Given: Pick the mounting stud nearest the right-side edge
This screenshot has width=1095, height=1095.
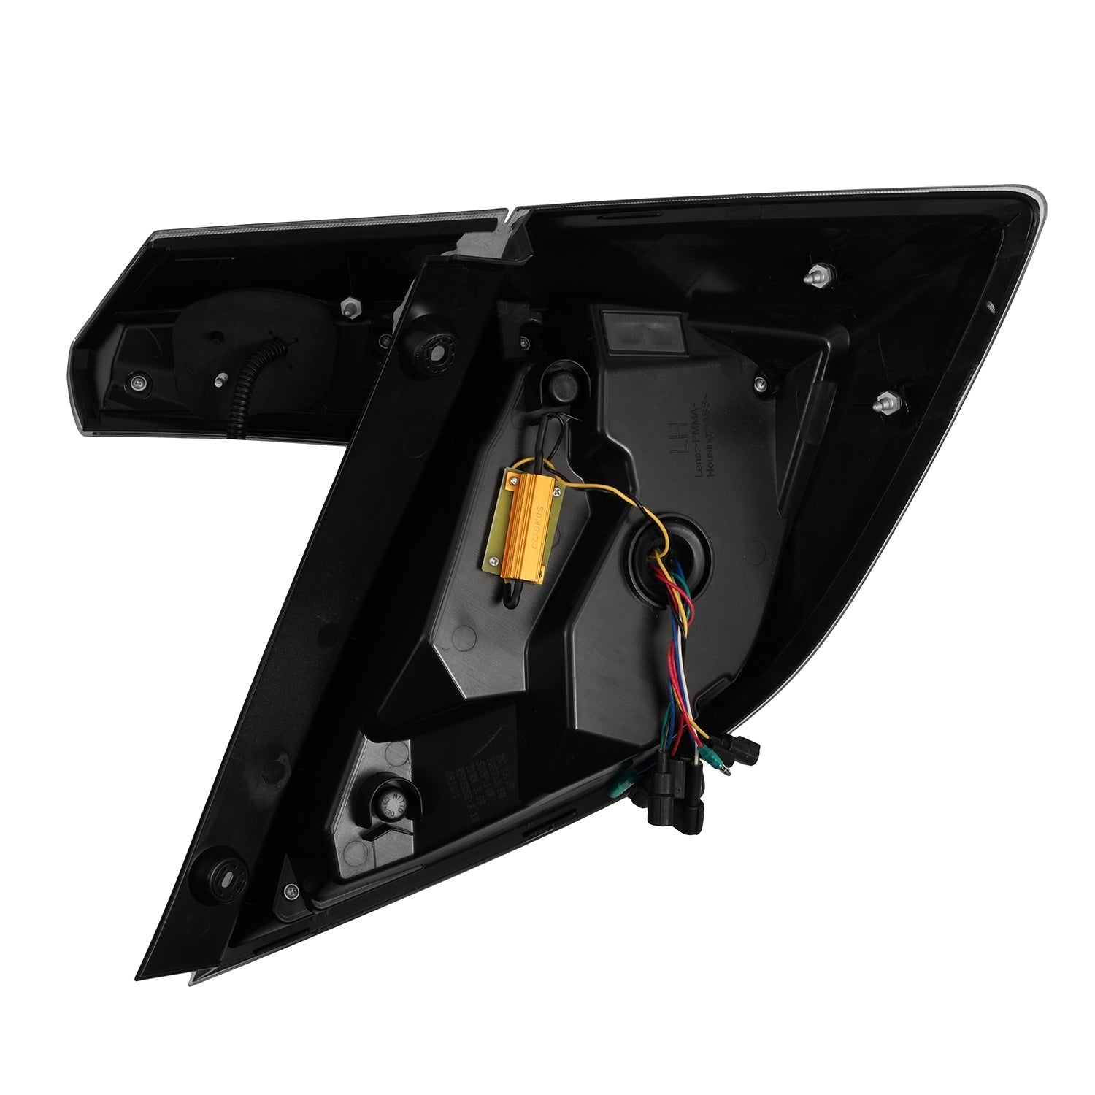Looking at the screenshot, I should point(886,401).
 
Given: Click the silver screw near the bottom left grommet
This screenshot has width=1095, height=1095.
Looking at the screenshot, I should point(292,890).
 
